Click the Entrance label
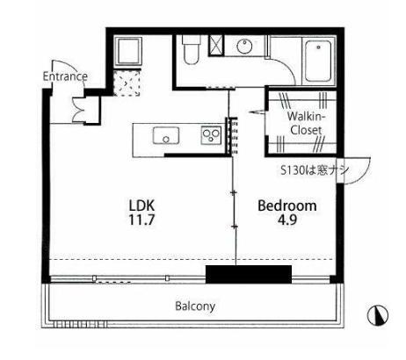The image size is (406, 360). click(x=65, y=76)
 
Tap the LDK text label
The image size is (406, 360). click(x=141, y=205)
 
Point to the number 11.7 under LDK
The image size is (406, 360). click(x=141, y=220)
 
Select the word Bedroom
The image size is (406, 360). click(x=287, y=205)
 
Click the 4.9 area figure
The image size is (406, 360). click(x=287, y=220)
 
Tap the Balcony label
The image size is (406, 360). click(x=195, y=306)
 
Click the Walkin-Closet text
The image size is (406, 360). click(x=306, y=123)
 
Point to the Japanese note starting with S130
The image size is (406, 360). click(x=315, y=170)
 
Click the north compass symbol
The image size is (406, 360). click(x=378, y=315)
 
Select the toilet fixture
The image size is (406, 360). click(x=191, y=49)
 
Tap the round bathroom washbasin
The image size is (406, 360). click(x=244, y=47)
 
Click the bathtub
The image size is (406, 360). click(x=318, y=61)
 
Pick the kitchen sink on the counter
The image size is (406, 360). click(x=166, y=135)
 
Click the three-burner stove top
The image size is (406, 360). click(x=211, y=135)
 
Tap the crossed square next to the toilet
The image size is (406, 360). click(x=216, y=45)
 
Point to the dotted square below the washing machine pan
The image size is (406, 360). click(x=127, y=83)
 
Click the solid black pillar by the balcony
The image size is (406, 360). click(x=249, y=274)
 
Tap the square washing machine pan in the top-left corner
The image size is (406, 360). click(x=128, y=51)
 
